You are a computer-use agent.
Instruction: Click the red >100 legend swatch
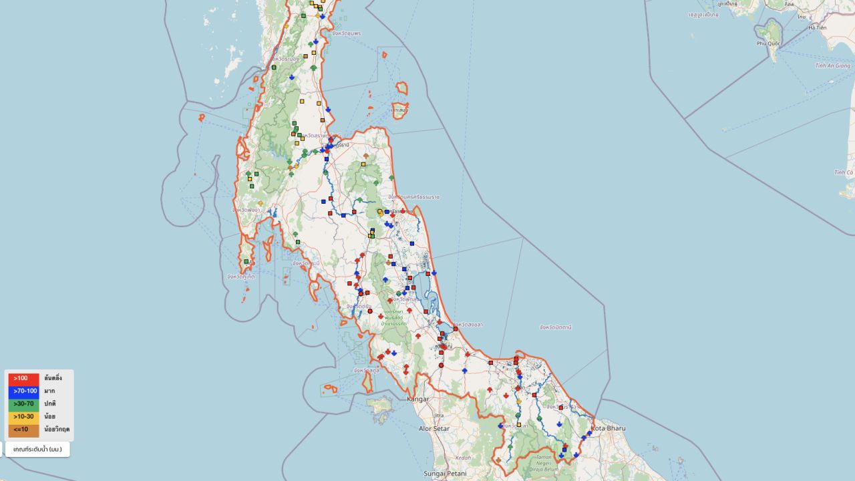tap(23, 378)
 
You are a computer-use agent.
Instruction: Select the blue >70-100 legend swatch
tap(23, 391)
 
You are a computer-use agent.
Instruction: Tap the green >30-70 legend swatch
tap(23, 404)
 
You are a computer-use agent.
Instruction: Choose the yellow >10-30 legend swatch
tap(23, 416)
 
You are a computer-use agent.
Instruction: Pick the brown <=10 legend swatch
tap(23, 430)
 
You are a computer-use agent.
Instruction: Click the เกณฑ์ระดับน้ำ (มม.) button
tap(37, 449)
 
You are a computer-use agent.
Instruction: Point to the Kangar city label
tap(418, 399)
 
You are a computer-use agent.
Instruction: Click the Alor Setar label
tap(434, 428)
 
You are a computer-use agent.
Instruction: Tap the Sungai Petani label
tap(445, 474)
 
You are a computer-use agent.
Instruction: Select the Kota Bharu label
tap(608, 428)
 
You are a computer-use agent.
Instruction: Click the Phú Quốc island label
tap(769, 43)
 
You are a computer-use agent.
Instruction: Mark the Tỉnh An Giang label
tap(832, 65)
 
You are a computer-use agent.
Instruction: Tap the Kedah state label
tap(463, 458)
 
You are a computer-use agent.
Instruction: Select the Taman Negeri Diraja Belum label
tap(538, 460)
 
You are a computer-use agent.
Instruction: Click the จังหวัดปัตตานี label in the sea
tap(555, 327)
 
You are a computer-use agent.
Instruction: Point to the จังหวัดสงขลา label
tap(469, 325)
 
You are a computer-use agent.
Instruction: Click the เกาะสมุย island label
tap(401, 110)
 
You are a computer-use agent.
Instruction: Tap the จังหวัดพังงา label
tap(246, 210)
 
